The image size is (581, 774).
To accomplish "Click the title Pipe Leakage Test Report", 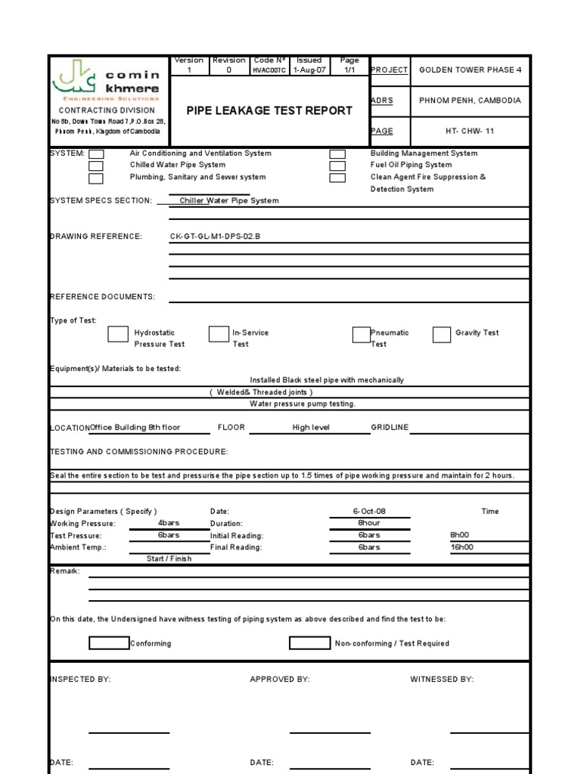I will pos(269,110).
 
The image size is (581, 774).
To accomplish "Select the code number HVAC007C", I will pos(269,70).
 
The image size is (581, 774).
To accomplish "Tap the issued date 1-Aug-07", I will pos(309,70).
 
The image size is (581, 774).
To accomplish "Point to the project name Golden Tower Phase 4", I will pos(471,70).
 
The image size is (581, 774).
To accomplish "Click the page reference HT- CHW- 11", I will pos(470,131).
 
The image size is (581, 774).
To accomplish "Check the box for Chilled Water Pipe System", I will pos(96,166).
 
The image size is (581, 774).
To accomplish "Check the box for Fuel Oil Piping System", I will pos(337,166).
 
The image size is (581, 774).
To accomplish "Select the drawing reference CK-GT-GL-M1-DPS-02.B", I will pos(215,237).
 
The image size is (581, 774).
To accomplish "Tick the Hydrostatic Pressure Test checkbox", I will pos(118,334).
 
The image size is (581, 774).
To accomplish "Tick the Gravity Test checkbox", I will pos(442,334).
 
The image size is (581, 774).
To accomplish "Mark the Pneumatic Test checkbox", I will pos(361,334).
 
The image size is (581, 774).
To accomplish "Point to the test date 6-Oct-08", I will pos(369,512).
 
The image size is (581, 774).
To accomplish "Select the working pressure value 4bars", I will pos(168,523).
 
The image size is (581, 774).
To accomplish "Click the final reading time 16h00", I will pos(461,547).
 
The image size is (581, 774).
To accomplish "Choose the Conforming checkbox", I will pos(108,643).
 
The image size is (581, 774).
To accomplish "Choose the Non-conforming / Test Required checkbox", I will pos(309,643).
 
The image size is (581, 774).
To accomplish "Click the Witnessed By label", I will pos(442,680).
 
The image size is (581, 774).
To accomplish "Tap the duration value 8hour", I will pos(369,523).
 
